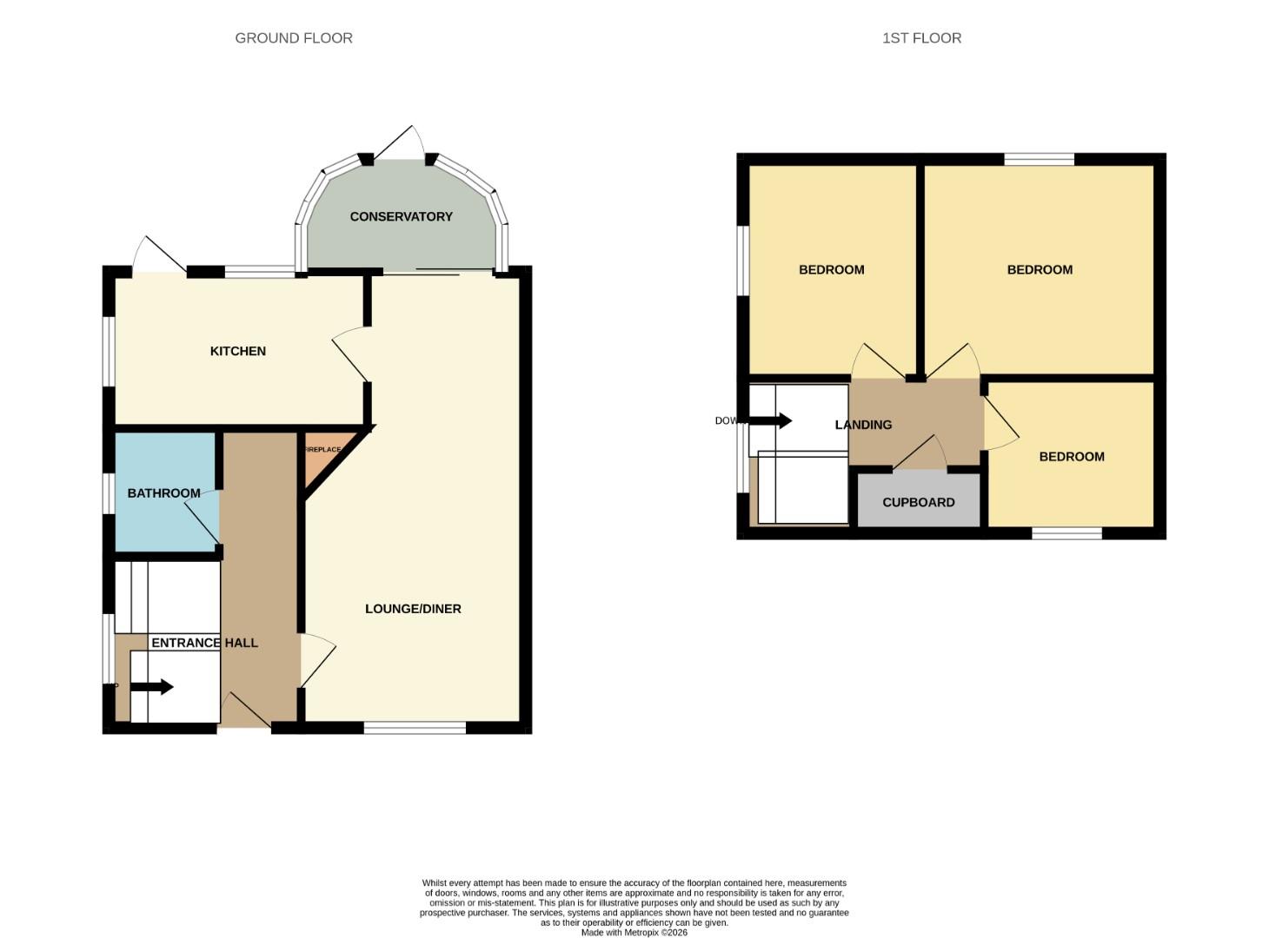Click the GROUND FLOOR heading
(294, 38)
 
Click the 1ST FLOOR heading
(921, 38)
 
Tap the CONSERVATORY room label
(401, 216)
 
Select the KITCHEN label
(237, 351)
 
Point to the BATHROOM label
(163, 493)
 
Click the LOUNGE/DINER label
(413, 609)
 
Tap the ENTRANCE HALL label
(204, 643)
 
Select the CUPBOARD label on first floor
(918, 502)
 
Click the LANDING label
(863, 425)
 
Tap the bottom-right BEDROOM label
(1072, 457)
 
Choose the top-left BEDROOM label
(831, 270)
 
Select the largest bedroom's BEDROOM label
(1040, 270)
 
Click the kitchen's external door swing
(160, 255)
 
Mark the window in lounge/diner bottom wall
(415, 728)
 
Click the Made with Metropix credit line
(634, 932)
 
